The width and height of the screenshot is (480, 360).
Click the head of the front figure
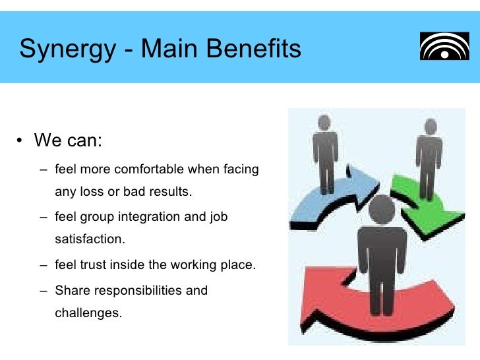(382, 209)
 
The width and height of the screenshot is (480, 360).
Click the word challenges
(88, 313)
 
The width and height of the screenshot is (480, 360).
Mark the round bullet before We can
(20, 142)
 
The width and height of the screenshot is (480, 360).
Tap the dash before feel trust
(43, 266)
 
